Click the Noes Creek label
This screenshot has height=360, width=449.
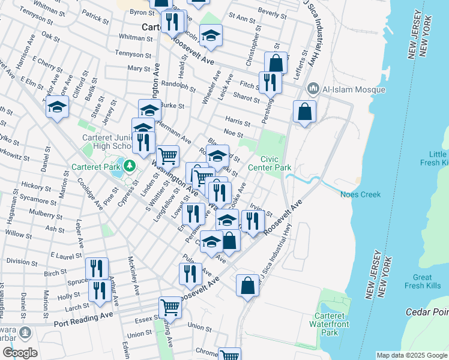[360, 194]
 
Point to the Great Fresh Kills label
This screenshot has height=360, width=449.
[423, 281]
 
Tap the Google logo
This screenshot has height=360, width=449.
[20, 353]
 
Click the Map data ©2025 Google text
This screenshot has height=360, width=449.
[412, 355]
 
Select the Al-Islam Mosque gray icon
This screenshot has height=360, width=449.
[313, 89]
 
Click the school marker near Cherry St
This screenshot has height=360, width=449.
[57, 107]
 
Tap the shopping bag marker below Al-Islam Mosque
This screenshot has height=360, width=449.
[305, 111]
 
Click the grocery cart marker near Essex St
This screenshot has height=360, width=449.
[170, 307]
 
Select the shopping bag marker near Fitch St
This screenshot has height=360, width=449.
[276, 62]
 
